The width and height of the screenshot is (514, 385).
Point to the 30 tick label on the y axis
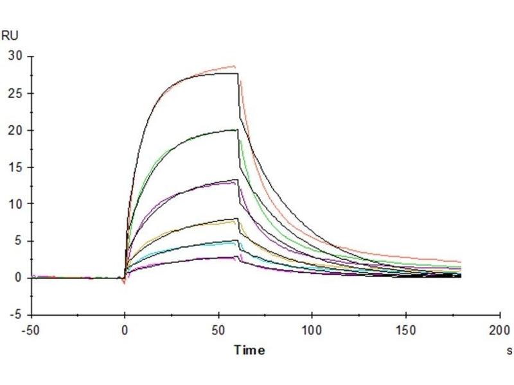[x=15, y=56]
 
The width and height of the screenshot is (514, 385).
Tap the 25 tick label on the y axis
[x=15, y=93]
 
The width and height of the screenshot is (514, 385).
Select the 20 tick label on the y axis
[x=15, y=130]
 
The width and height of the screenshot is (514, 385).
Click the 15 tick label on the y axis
[x=15, y=167]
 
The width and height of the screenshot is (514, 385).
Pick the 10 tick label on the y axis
[x=15, y=204]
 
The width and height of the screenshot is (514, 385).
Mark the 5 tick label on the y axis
[x=18, y=241]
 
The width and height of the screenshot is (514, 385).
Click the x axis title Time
[x=249, y=350]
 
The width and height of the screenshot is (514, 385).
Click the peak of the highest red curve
[x=235, y=66]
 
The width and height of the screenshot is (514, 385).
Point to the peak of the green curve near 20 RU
[x=236, y=130]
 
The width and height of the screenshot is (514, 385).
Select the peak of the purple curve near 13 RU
[x=236, y=182]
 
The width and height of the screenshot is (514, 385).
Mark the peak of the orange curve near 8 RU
[x=236, y=221]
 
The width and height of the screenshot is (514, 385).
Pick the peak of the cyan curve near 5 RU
[x=236, y=243]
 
